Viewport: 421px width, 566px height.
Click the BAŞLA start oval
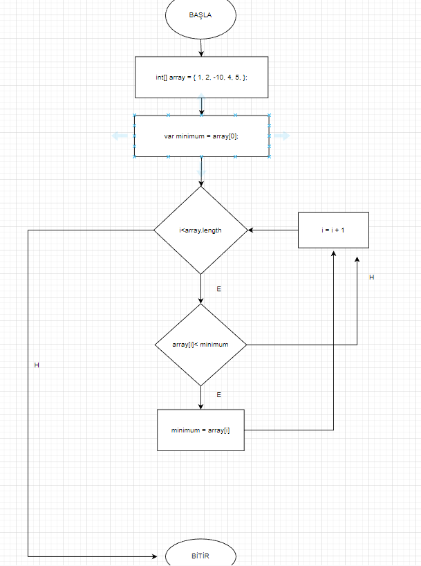(x=200, y=15)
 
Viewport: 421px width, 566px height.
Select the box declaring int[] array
(x=201, y=77)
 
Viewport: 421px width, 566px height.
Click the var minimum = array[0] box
(x=201, y=136)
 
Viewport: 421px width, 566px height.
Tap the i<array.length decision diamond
(x=200, y=230)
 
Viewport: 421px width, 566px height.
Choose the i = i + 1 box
(x=333, y=230)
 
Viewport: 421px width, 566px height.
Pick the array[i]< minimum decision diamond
(x=200, y=344)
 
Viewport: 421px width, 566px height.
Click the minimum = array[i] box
(x=200, y=430)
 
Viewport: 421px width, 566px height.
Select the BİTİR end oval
(x=200, y=556)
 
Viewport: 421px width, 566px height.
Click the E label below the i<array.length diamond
(x=219, y=288)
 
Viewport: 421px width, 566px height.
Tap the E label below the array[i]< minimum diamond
(x=219, y=394)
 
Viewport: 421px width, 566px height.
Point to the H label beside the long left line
(x=37, y=365)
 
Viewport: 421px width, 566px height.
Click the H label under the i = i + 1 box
(x=371, y=277)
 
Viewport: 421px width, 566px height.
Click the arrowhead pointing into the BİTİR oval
(x=154, y=556)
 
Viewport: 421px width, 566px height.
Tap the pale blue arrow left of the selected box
(x=120, y=136)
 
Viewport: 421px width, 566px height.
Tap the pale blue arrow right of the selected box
(x=281, y=136)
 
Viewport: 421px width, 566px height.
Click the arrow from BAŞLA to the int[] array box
(x=201, y=46)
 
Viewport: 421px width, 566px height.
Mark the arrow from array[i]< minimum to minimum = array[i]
(x=200, y=397)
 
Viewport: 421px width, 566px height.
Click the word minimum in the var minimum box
(x=188, y=136)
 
